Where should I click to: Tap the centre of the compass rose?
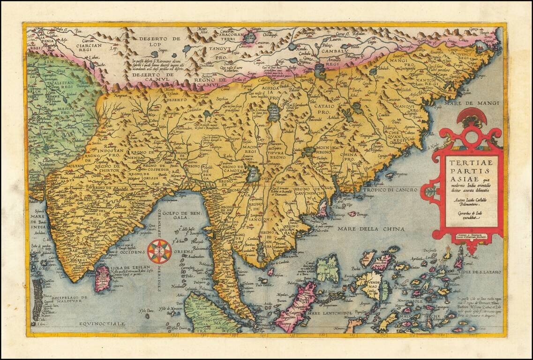pyautogui.click(x=159, y=251)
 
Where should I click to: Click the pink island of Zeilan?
pyautogui.click(x=102, y=277)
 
